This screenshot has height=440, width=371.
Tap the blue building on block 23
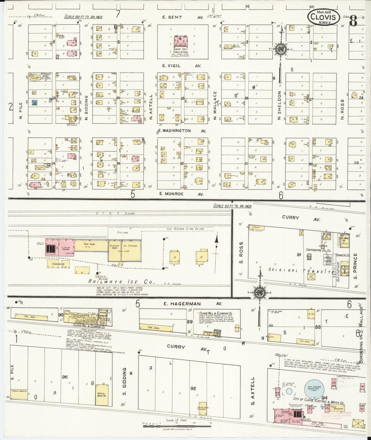[34, 102]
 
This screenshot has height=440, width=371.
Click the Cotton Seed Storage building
[203, 408]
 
